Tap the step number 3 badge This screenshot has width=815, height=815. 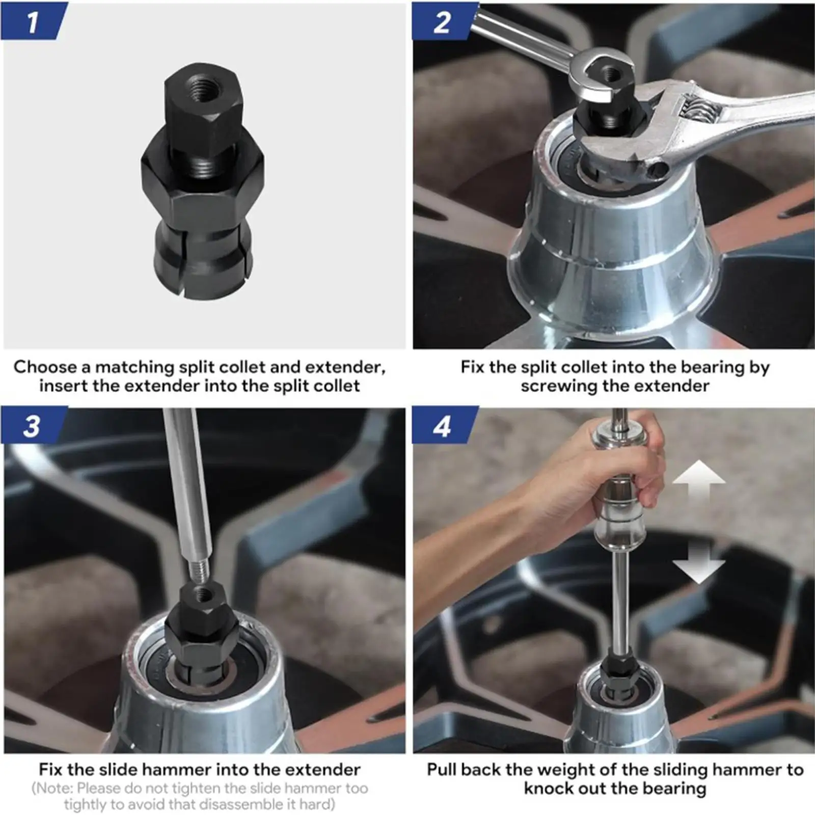(x=32, y=425)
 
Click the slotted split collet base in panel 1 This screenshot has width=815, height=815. (x=202, y=265)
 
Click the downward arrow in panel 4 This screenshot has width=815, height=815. (x=698, y=563)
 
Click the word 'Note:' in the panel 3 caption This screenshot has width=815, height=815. (x=53, y=788)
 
